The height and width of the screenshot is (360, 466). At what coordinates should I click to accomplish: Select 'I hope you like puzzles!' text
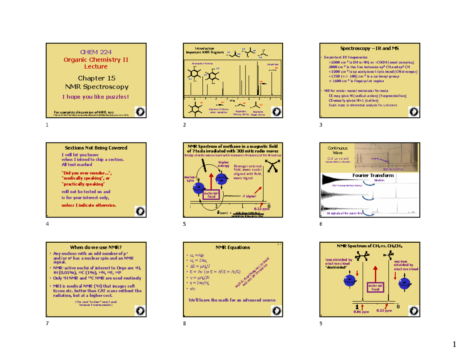coord(95,96)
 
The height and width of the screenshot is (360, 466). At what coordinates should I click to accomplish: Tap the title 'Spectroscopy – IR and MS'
coord(369,49)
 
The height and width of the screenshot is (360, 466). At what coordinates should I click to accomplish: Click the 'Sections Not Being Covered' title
coord(96,148)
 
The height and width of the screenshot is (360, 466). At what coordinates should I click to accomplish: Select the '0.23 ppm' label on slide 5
coord(261,209)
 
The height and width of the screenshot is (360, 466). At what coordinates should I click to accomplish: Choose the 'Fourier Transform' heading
coord(372,176)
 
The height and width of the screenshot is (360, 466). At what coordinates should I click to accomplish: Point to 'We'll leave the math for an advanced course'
coord(232,300)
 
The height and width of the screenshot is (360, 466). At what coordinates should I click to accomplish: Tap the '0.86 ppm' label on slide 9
coord(360,312)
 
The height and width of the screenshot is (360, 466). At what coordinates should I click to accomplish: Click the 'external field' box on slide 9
coord(375,288)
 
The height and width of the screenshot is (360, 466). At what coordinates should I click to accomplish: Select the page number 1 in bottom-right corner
coord(454,344)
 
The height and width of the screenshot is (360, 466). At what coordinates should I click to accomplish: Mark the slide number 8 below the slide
coord(184,324)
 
